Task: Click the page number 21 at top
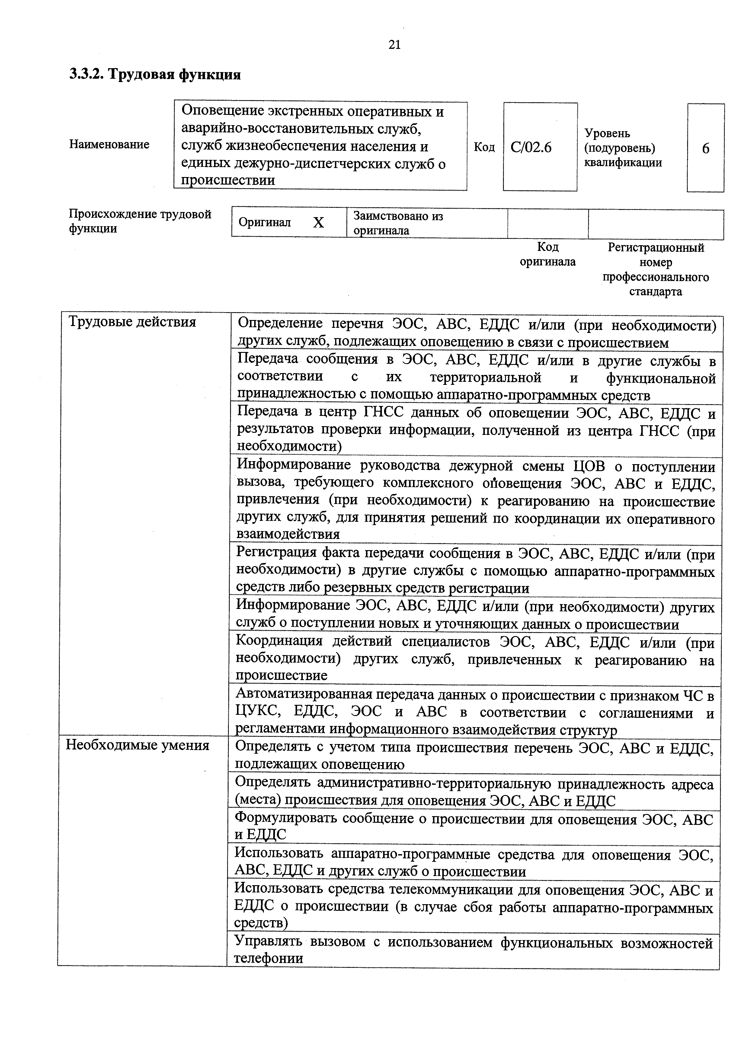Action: [395, 45]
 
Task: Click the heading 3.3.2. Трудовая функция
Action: [155, 75]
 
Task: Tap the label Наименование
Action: [109, 145]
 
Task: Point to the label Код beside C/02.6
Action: [484, 147]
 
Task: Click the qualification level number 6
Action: [705, 149]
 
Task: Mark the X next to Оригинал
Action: [318, 223]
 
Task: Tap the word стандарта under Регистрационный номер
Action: [655, 292]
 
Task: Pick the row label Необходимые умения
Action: [137, 746]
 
